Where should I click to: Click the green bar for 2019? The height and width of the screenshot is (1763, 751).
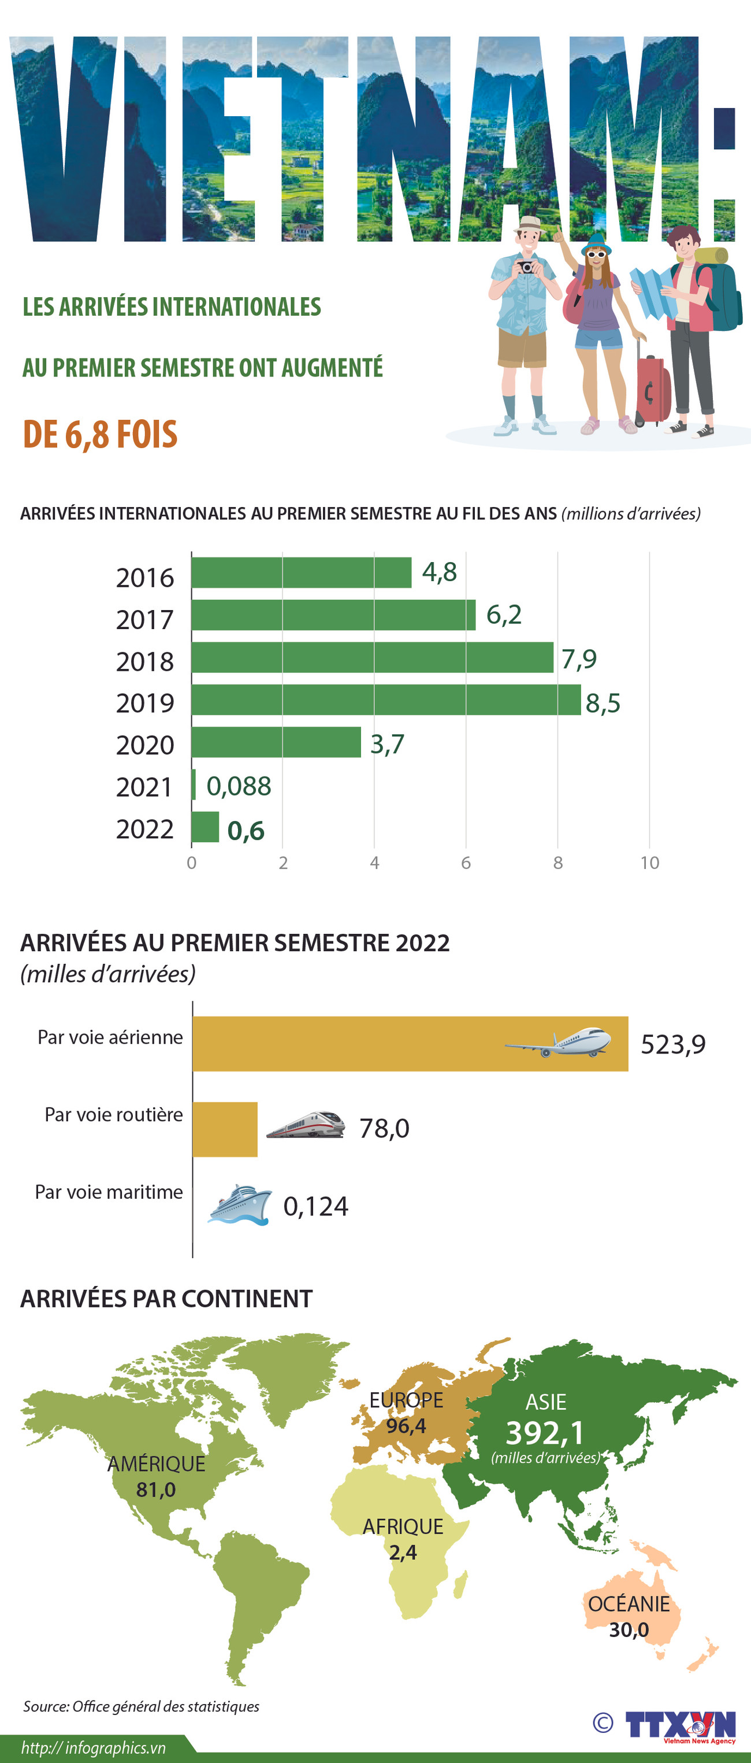pyautogui.click(x=386, y=700)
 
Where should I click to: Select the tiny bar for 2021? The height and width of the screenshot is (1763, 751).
pyautogui.click(x=194, y=784)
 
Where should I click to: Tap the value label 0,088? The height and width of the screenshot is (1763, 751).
pyautogui.click(x=239, y=786)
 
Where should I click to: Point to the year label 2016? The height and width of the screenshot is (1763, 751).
pyautogui.click(x=145, y=578)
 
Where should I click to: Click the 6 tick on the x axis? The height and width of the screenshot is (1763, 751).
pyautogui.click(x=466, y=862)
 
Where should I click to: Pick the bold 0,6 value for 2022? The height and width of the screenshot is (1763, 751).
pyautogui.click(x=246, y=830)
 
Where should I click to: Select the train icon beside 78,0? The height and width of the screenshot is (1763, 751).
pyautogui.click(x=306, y=1125)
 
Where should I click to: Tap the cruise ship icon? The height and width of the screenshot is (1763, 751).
pyautogui.click(x=239, y=1204)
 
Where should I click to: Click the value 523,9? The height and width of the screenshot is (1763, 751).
pyautogui.click(x=673, y=1044)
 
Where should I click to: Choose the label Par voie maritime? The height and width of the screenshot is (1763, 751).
pyautogui.click(x=109, y=1192)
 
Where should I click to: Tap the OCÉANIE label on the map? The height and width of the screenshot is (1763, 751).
pyautogui.click(x=629, y=1603)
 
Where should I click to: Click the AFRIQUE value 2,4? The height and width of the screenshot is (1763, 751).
pyautogui.click(x=403, y=1552)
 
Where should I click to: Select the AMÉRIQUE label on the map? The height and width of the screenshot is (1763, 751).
pyautogui.click(x=156, y=1463)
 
